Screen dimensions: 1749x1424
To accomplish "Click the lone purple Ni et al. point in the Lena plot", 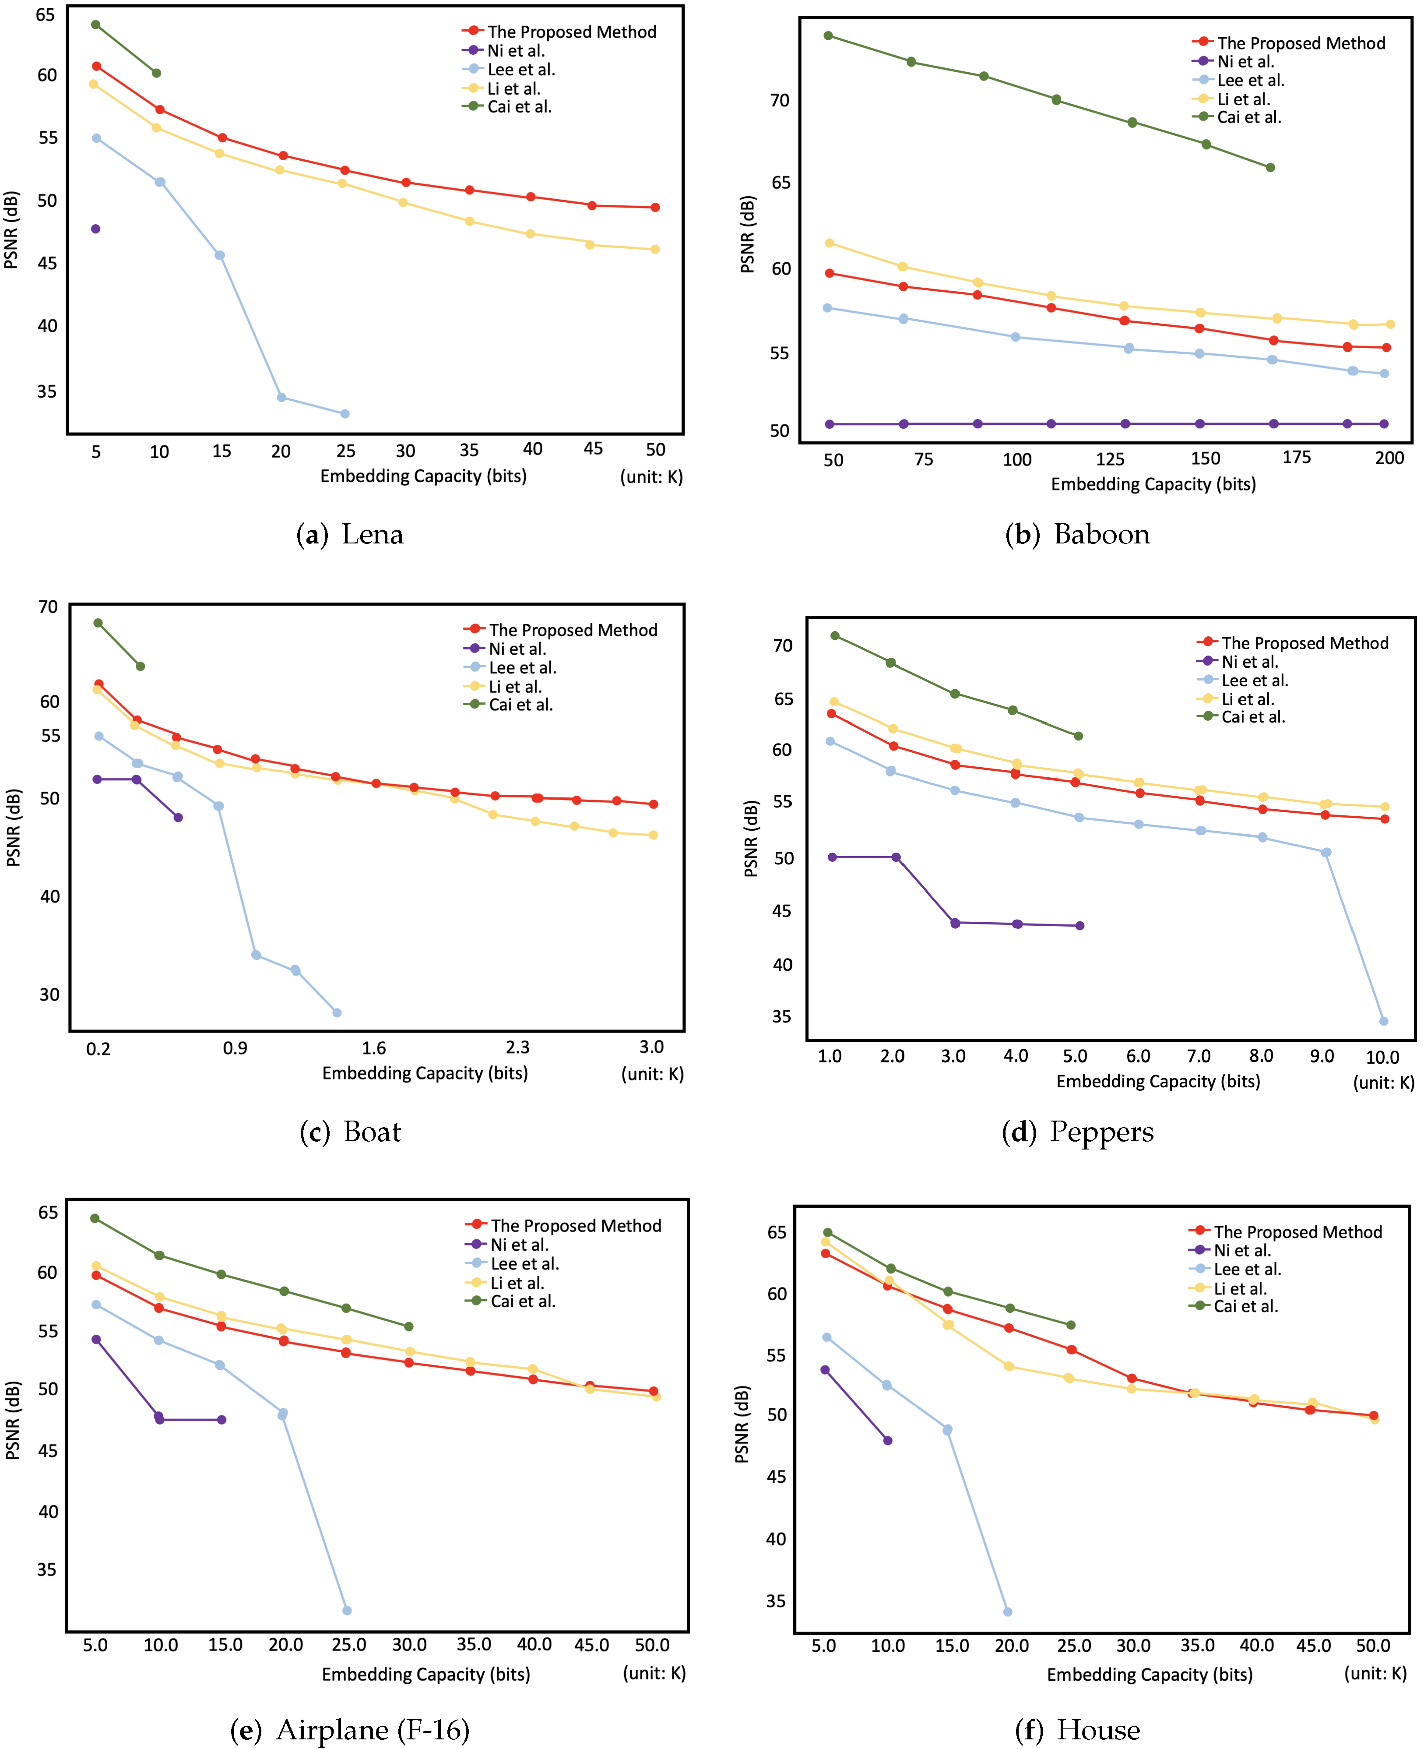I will click(x=96, y=229).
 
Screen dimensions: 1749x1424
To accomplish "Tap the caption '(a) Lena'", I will click(x=350, y=535).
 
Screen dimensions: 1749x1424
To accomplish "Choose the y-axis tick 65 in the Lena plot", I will click(x=46, y=15).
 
